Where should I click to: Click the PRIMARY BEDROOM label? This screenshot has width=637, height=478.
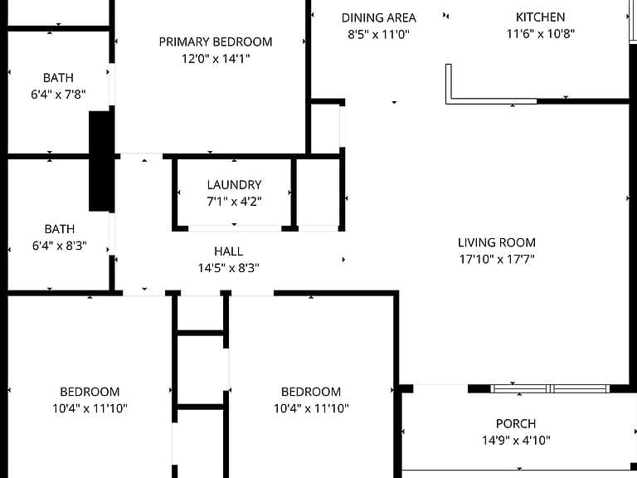coord(216,41)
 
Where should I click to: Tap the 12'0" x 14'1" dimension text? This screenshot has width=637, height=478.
coord(216,59)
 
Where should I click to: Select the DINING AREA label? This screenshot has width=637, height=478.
coord(378,18)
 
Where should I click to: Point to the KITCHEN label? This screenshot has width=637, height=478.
coord(540,17)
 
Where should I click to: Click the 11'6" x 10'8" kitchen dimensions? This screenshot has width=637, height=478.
coord(540,33)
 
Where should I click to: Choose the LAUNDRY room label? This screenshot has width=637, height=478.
coord(234,185)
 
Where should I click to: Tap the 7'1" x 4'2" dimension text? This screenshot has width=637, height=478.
coord(234,201)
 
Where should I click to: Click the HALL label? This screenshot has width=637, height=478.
coord(228,251)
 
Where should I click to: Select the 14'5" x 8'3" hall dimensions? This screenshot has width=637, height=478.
coord(228,268)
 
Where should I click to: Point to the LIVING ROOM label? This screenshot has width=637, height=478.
coord(497,242)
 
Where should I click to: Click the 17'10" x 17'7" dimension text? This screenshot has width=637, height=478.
coord(497,259)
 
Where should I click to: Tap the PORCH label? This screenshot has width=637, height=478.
coord(516,423)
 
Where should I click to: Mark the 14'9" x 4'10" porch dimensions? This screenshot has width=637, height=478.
coord(516,440)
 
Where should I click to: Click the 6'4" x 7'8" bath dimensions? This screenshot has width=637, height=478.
coord(58,95)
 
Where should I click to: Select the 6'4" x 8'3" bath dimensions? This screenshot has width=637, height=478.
coord(60,246)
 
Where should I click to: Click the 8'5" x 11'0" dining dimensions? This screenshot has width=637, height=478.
coord(378,34)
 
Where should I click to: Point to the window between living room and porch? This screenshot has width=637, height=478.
coord(550,388)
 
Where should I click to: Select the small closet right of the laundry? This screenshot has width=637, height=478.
coord(318,193)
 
